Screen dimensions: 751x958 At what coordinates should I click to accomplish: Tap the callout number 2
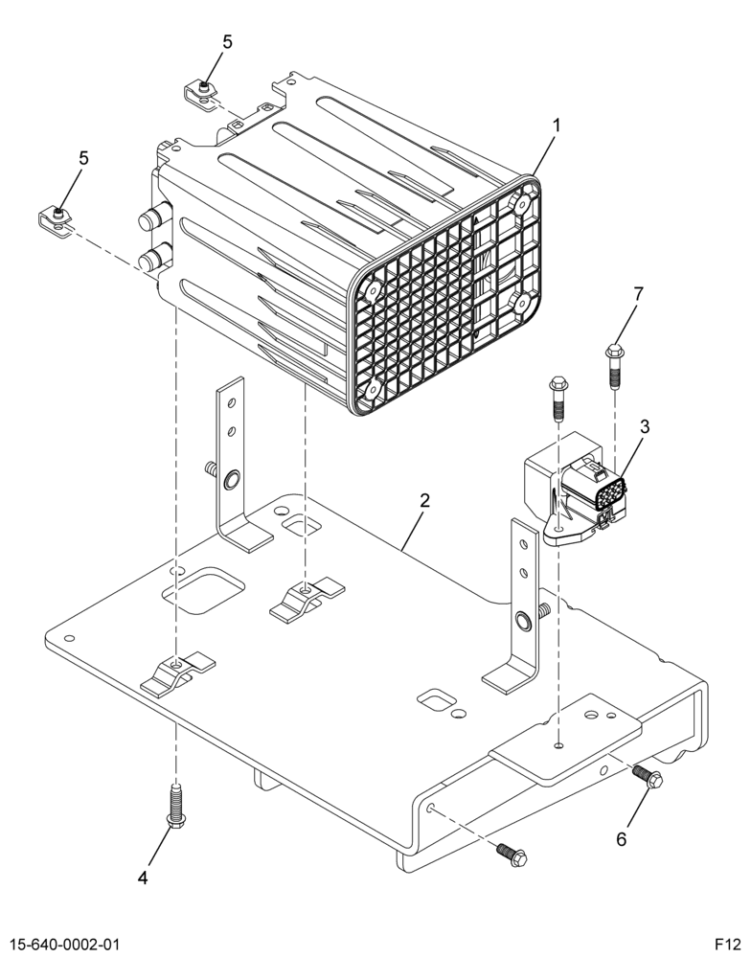coord(424,500)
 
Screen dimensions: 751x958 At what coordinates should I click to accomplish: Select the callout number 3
coord(644,426)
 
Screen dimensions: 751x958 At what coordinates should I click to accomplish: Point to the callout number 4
coord(143,878)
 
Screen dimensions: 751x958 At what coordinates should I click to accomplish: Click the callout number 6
coord(621,839)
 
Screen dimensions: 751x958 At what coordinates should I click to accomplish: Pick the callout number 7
coord(638,294)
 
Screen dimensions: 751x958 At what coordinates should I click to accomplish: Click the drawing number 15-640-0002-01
coord(63,944)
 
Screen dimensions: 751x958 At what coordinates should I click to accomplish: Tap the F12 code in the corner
coord(729,944)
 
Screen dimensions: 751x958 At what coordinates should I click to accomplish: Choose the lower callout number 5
coord(83,158)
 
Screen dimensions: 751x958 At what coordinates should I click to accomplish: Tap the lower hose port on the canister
coord(152,257)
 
